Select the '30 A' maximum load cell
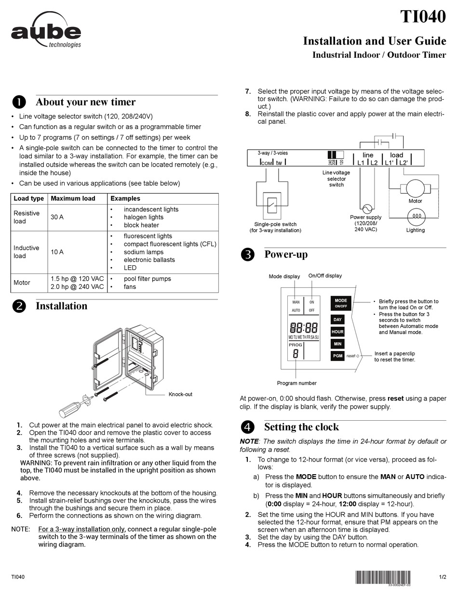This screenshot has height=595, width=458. [57, 217]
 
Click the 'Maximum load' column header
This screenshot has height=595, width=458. [73, 198]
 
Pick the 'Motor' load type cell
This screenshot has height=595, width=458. [22, 283]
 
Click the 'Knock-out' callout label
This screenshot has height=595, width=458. [180, 394]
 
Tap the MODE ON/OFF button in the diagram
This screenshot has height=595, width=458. [341, 303]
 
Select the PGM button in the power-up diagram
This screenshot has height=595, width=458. [337, 356]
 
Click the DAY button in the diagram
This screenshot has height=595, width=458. [337, 320]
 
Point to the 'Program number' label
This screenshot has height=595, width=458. [296, 383]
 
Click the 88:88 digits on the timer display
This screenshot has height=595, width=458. [304, 328]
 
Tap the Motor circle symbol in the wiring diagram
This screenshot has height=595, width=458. [415, 188]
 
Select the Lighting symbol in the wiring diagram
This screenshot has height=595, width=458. [416, 217]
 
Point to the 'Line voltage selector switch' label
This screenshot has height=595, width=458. [336, 178]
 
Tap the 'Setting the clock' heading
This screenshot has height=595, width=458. [301, 427]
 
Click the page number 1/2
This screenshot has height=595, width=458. [443, 577]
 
